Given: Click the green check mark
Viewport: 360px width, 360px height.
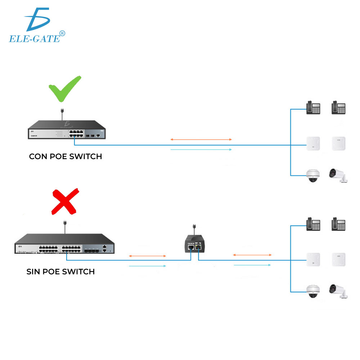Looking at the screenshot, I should pos(65,89).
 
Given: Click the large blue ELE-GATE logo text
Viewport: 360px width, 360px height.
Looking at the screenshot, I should pos(34,38).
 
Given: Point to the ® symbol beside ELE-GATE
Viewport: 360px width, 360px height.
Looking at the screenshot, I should pos(62,33).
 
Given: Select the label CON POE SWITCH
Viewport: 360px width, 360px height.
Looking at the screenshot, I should pos(66,157).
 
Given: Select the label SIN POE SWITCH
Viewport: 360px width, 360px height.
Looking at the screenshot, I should pos(60,271).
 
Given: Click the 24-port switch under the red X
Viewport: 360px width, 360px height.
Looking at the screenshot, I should pos(65,244).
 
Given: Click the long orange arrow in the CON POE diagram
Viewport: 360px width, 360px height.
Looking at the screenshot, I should pos(201,139).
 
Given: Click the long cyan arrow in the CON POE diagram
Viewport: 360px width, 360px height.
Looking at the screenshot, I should pos(201,149).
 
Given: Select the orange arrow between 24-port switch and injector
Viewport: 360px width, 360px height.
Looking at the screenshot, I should pos(147,256).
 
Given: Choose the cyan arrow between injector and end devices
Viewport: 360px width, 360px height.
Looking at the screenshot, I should pos(252,265).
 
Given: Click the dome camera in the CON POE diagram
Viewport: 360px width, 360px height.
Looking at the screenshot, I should pos(312,175).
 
